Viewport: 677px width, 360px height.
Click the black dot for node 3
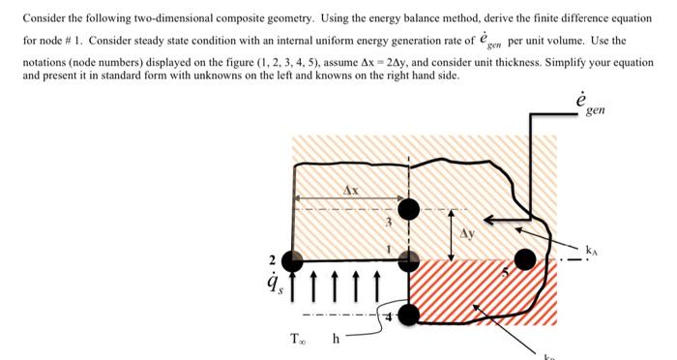tap(410, 208)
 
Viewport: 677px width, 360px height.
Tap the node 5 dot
tap(525, 259)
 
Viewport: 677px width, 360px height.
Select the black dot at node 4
tap(410, 315)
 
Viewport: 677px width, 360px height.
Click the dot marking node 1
tap(410, 259)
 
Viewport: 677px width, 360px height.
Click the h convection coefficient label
tap(336, 340)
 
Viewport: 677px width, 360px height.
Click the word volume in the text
tap(577, 41)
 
